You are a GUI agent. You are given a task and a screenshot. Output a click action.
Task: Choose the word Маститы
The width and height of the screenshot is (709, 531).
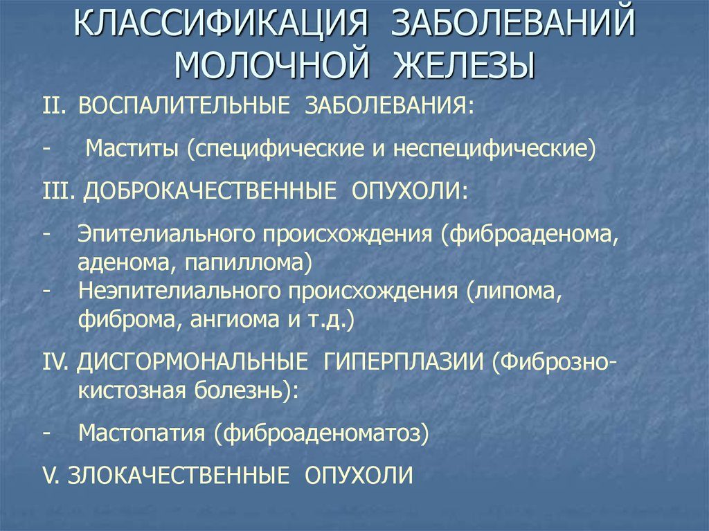click(x=132, y=148)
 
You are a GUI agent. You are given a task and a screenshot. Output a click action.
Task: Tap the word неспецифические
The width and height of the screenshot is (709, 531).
click(x=492, y=148)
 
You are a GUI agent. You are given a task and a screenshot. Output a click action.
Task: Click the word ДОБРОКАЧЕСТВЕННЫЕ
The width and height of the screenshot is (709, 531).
click(x=210, y=191)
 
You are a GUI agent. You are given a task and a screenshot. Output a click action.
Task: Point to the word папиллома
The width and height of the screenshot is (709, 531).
click(x=244, y=263)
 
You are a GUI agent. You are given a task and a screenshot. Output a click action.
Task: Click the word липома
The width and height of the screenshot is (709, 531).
click(x=516, y=291)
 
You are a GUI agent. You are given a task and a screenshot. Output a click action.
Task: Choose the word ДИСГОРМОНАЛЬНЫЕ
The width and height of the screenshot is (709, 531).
click(x=192, y=362)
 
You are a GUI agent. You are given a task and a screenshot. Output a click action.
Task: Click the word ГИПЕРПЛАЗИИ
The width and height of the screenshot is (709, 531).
click(x=404, y=362)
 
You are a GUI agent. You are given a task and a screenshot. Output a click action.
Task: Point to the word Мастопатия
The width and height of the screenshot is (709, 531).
click(x=141, y=433)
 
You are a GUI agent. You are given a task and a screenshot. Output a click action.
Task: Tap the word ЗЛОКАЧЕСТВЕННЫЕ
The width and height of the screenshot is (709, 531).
click(x=178, y=476)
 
